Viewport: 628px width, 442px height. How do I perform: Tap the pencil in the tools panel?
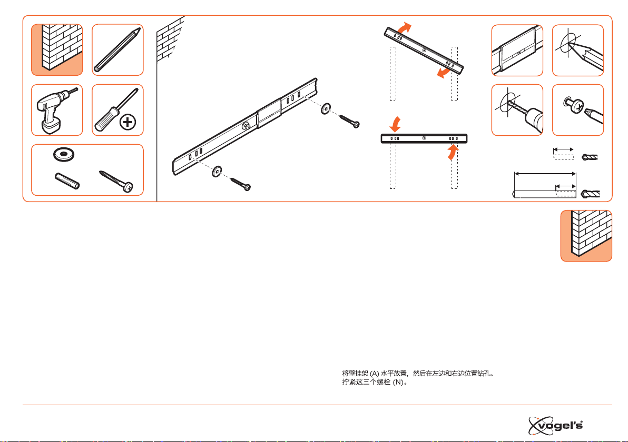(117, 50)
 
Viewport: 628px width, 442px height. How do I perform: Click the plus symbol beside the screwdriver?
(128, 122)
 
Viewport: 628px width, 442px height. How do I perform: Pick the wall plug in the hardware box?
(67, 180)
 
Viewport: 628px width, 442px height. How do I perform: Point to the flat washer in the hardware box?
(64, 154)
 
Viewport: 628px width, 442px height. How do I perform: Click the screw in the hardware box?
(116, 181)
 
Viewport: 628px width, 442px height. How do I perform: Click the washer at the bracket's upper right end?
(326, 108)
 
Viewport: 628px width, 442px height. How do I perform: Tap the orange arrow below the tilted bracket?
(444, 72)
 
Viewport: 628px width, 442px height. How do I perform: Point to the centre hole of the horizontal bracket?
(424, 138)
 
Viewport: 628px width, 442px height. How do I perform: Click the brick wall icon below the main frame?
(586, 236)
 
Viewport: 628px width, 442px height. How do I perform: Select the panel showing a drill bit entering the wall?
(517, 110)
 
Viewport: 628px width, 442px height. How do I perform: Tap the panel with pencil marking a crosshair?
(578, 51)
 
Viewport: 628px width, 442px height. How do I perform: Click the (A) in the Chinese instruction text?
(374, 374)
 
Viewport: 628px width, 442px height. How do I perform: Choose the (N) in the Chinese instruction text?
(398, 383)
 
